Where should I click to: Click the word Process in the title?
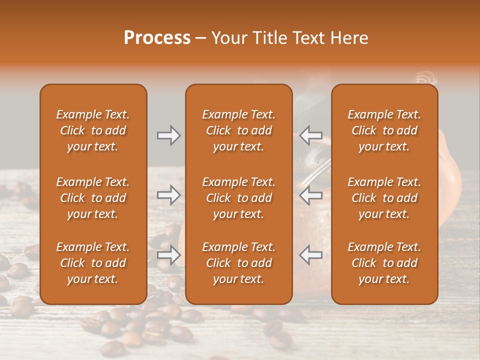(x=157, y=38)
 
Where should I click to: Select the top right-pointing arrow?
(x=168, y=135)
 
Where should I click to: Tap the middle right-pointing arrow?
(x=168, y=195)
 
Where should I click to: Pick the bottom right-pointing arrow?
(x=168, y=255)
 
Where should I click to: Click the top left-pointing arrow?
(x=311, y=135)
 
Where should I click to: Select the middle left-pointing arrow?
(x=311, y=195)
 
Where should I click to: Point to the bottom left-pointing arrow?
(x=311, y=255)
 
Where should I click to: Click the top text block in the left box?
(x=93, y=130)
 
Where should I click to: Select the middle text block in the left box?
(x=93, y=198)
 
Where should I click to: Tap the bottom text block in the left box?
(x=93, y=263)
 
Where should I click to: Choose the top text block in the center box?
(x=238, y=130)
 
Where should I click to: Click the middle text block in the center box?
(x=238, y=198)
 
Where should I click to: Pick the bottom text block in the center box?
(x=238, y=263)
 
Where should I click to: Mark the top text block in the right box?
(x=384, y=130)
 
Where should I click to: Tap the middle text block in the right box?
(x=384, y=198)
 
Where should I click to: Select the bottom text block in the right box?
(x=384, y=263)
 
